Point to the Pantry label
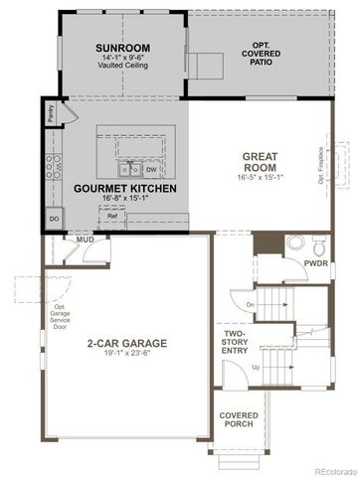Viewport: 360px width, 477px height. point(50,114)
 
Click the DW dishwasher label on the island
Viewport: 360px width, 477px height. point(152,169)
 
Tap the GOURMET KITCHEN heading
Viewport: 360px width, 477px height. point(125,188)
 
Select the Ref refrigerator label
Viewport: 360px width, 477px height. point(112,216)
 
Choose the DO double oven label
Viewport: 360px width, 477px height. point(54,218)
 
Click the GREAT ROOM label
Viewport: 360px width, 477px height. point(261,161)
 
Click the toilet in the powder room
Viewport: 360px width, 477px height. point(317,245)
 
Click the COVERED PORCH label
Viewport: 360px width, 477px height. point(239,420)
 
